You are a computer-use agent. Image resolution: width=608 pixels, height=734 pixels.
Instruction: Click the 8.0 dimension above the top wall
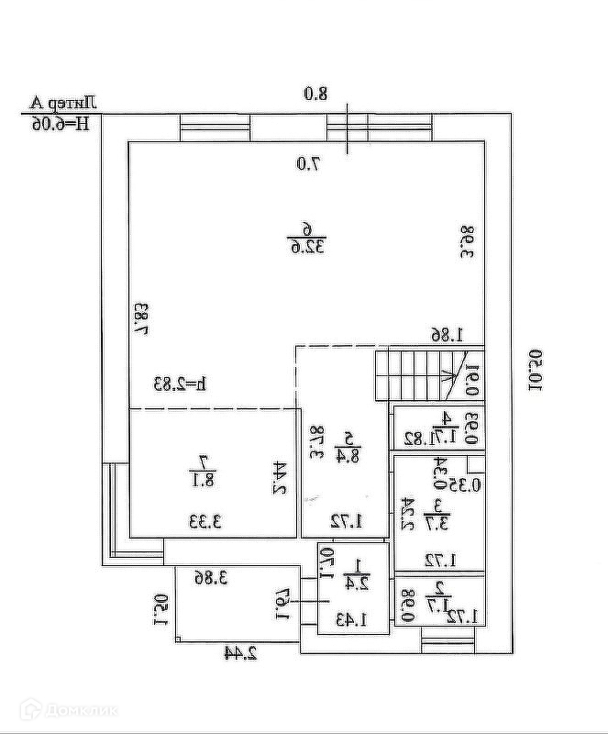click(315, 93)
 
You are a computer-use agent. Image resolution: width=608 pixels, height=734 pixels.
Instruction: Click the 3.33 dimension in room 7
click(207, 523)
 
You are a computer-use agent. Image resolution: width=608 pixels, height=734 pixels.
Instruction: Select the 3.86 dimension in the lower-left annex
click(211, 577)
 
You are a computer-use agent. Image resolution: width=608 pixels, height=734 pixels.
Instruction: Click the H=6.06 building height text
click(62, 123)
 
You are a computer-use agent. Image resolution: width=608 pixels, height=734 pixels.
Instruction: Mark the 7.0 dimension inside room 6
click(308, 164)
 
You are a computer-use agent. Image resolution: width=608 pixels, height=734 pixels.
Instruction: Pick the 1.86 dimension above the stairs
click(449, 336)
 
